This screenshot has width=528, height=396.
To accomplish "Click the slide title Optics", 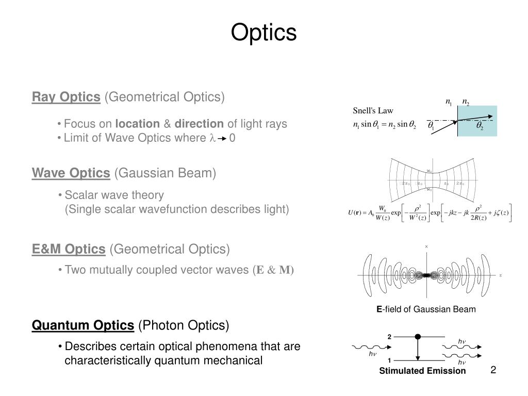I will pyautogui.click(x=263, y=32).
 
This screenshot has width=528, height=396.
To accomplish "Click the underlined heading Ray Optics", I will pyautogui.click(x=66, y=97).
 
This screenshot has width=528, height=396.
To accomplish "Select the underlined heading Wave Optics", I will pyautogui.click(x=71, y=173).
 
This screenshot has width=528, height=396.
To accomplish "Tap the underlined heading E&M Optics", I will pyautogui.click(x=69, y=250).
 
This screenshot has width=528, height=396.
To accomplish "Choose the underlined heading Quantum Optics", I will pyautogui.click(x=82, y=325).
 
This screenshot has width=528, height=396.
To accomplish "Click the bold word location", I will pyautogui.click(x=137, y=124).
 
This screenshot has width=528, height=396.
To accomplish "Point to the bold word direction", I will pyautogui.click(x=199, y=124).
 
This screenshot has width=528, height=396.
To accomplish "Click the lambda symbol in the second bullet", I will pyautogui.click(x=211, y=139).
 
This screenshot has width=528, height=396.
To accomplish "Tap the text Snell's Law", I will pyautogui.click(x=373, y=110).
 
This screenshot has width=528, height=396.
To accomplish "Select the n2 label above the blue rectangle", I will pyautogui.click(x=465, y=103).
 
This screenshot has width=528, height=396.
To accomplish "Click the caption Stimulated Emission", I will pyautogui.click(x=422, y=371).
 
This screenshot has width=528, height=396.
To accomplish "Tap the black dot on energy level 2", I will pyautogui.click(x=418, y=337).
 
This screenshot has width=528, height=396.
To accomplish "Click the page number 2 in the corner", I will pyautogui.click(x=493, y=370).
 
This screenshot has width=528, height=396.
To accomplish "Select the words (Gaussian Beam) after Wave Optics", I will pyautogui.click(x=165, y=173).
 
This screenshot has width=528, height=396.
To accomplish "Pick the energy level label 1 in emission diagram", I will pyautogui.click(x=390, y=360).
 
